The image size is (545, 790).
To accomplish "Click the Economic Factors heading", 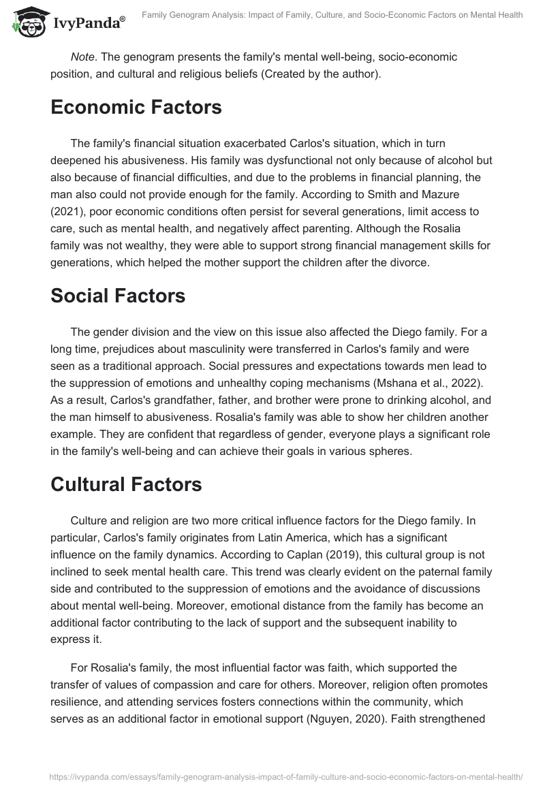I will tap(136, 108).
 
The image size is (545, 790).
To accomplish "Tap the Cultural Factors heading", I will tap(126, 484).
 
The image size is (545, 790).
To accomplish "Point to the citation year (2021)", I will tap(69, 213).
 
